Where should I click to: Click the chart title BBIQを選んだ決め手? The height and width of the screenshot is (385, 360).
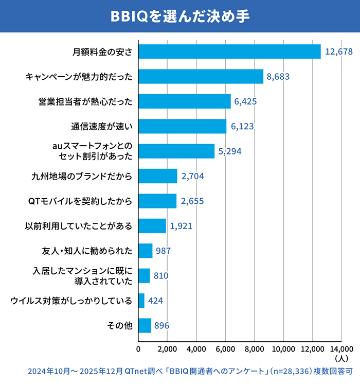tap(179, 16)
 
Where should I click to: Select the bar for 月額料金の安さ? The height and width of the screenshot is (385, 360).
tap(229, 51)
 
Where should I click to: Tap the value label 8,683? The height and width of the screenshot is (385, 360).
tap(278, 77)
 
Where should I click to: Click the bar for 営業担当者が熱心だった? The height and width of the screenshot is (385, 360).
tap(184, 101)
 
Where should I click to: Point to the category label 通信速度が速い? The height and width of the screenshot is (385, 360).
tap(102, 126)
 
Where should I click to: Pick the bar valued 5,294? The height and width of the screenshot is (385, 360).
tap(176, 151)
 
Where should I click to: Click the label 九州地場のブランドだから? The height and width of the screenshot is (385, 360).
tap(82, 176)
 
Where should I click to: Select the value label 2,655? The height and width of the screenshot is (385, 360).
tap(192, 201)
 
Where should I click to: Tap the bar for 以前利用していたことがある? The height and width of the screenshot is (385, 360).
tap(152, 226)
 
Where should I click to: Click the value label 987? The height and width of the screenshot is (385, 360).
tap(163, 251)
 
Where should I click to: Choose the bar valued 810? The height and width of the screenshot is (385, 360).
tap(144, 276)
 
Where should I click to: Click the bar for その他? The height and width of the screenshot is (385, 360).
tap(145, 325)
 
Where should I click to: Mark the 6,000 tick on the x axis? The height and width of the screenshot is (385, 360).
tap(225, 348)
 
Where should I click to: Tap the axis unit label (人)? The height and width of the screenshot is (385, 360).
tap(341, 357)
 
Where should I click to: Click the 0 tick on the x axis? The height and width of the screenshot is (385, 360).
tap(138, 348)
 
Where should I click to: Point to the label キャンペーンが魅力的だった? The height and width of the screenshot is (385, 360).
tap(79, 77)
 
